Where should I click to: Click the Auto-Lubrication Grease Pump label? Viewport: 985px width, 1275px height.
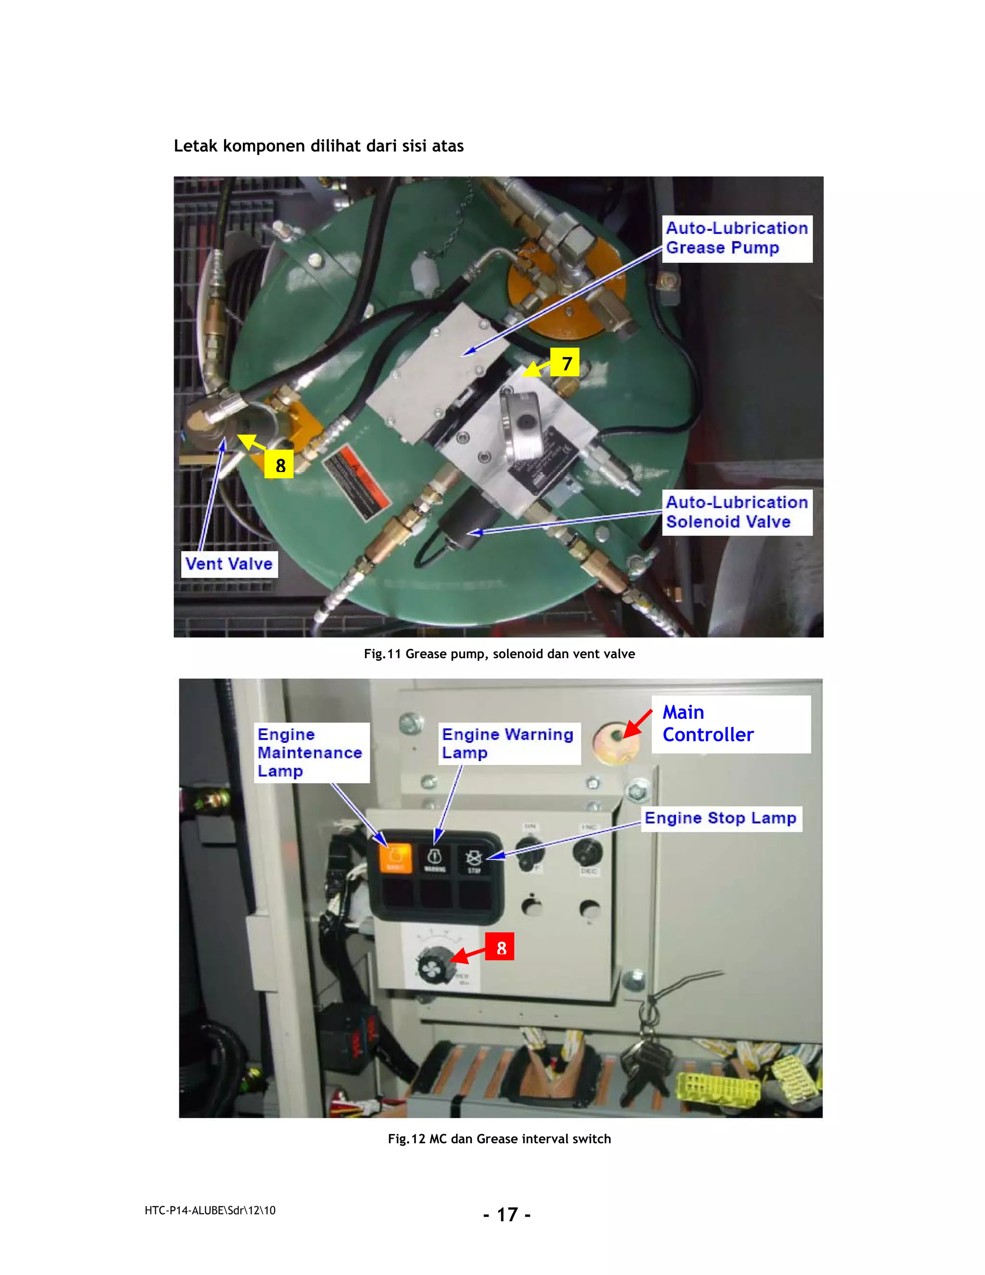(736, 238)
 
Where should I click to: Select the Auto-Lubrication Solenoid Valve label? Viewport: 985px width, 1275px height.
(736, 512)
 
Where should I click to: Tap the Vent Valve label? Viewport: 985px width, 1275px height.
(229, 564)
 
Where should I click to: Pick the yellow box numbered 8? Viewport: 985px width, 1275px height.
(279, 465)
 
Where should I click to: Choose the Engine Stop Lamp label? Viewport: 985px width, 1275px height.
(720, 818)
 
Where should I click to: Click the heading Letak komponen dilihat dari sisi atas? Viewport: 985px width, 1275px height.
(318, 146)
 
